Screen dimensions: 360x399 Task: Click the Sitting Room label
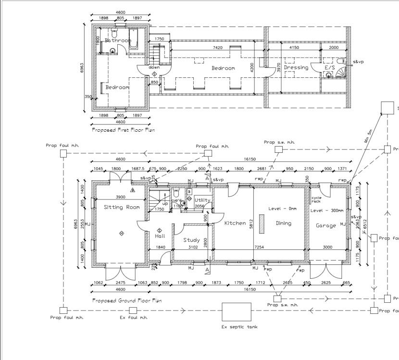coord(122,208)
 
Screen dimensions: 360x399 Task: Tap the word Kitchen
coord(235,223)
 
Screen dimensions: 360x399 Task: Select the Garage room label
coord(325,225)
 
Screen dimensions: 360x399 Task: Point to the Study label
coord(191,240)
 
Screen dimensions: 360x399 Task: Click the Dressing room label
coord(296,68)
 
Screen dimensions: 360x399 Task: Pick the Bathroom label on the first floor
coord(118,41)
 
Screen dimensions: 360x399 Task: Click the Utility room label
coord(202,200)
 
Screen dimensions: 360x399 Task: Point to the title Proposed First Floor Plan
coord(123,130)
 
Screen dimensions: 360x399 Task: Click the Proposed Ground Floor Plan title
coord(126,300)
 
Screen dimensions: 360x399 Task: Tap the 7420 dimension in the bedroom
coord(217,48)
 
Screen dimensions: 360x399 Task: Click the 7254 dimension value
coord(259,247)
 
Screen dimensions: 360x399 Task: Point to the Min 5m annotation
coord(369,137)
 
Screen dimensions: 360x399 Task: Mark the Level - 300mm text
coord(327,211)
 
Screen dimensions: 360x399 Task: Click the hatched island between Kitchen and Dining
coord(262,224)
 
